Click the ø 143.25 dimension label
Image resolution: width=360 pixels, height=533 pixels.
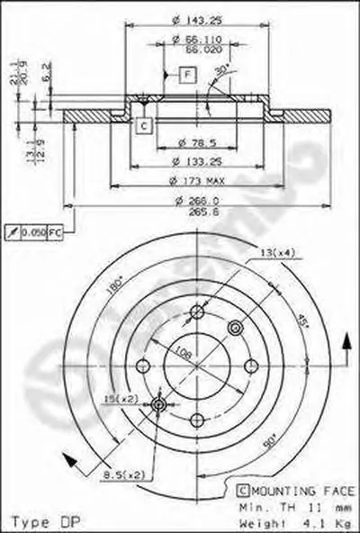pos(184,18)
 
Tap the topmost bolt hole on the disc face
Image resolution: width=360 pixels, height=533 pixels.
pos(197,312)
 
